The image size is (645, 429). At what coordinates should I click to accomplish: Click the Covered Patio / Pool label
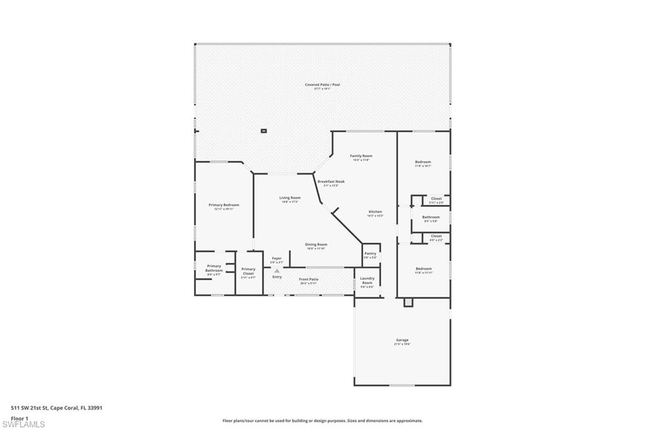pos(322,85)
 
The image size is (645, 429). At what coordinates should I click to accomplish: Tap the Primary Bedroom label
pos(224,205)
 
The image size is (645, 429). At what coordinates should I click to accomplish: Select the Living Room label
pos(290,198)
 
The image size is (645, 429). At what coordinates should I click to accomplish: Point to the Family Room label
pos(361,156)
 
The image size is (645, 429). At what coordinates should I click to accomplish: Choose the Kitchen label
pos(375,212)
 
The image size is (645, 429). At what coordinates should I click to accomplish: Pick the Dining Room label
pos(316,245)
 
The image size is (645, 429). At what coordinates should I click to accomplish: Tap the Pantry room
pos(370,255)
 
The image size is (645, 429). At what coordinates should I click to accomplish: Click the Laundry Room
pos(367,282)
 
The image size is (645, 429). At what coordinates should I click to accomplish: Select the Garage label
pos(402,340)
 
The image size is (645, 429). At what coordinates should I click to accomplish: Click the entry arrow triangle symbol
pos(277,271)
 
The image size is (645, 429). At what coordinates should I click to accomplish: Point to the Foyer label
pos(277,259)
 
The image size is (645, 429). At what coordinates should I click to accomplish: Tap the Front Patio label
pos(309,279)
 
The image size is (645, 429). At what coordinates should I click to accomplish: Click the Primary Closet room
pos(248,272)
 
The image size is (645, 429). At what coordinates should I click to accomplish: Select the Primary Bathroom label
pos(214,268)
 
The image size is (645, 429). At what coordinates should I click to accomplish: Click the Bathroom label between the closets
pos(431,218)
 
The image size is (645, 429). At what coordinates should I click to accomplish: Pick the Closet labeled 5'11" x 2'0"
pos(437,199)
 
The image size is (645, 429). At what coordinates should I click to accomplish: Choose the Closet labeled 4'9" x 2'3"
pos(436,237)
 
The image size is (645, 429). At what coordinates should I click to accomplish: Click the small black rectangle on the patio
pos(264,131)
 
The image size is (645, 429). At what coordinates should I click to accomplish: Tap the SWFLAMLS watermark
pos(24,424)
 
